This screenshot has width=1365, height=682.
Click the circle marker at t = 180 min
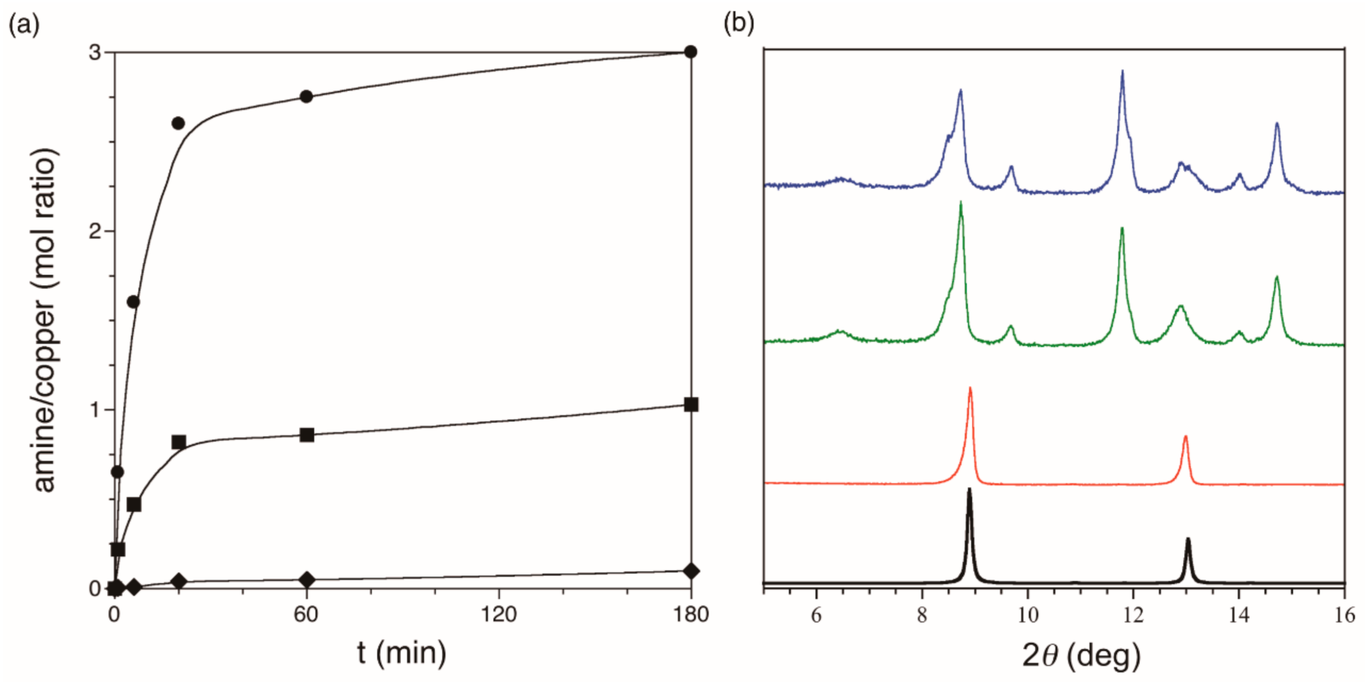click(x=690, y=52)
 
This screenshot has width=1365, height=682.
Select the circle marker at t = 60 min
click(x=306, y=97)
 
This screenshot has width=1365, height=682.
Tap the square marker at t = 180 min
click(x=691, y=405)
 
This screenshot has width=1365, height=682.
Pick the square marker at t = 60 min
click(x=307, y=435)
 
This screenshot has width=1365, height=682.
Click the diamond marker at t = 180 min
click(x=691, y=571)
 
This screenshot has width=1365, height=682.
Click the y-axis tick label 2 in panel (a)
click(x=95, y=231)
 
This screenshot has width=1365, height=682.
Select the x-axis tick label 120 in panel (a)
click(x=499, y=615)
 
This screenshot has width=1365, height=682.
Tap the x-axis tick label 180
click(x=691, y=615)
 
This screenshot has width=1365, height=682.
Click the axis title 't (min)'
click(x=401, y=653)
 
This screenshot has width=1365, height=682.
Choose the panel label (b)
click(x=739, y=24)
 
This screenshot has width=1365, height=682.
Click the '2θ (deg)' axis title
click(x=1081, y=656)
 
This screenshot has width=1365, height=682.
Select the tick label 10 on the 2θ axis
click(x=1027, y=615)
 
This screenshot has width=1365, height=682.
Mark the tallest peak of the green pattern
click(x=960, y=203)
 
